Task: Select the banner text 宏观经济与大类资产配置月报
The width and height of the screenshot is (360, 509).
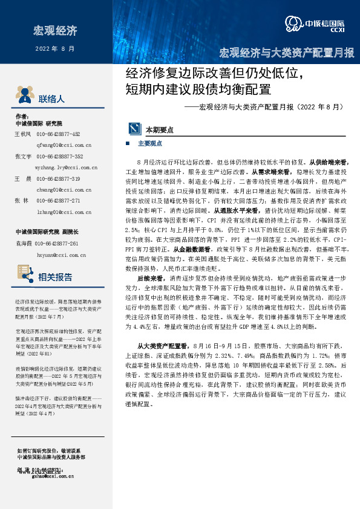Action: click(287, 53)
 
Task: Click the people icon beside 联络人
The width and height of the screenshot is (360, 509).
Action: click(23, 97)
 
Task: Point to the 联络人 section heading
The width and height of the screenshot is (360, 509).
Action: click(51, 98)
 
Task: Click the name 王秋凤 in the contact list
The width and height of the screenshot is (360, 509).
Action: click(22, 134)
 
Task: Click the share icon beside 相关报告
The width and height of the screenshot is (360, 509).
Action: click(23, 278)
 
